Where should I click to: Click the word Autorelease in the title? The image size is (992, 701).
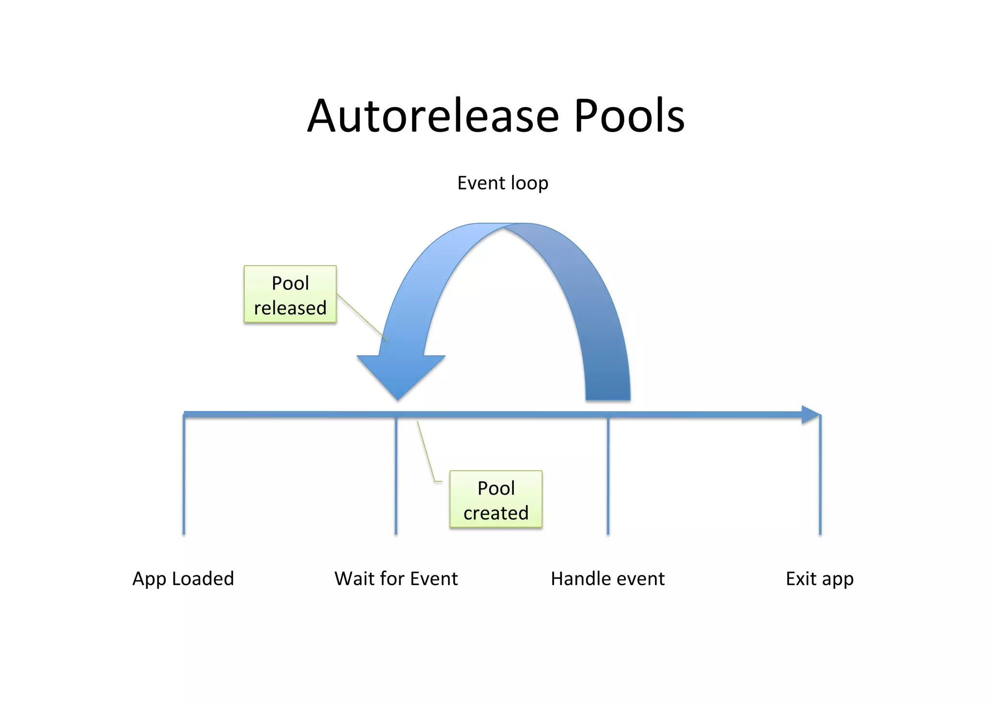click(x=433, y=116)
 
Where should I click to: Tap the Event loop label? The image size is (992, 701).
click(x=503, y=183)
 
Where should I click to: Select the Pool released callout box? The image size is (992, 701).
click(x=290, y=294)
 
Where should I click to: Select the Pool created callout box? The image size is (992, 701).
click(x=496, y=499)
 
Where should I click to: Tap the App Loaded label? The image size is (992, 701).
click(x=183, y=579)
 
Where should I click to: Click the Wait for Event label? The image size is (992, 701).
click(x=396, y=579)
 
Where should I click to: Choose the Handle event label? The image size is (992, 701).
click(x=607, y=579)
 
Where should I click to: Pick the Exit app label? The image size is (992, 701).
click(x=820, y=579)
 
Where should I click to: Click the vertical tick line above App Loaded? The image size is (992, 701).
click(x=184, y=475)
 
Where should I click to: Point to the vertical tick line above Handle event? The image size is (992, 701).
click(x=608, y=475)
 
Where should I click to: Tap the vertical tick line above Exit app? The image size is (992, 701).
click(x=820, y=475)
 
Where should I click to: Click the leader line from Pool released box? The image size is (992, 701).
click(x=362, y=317)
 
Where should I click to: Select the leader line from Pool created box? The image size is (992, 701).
click(x=425, y=451)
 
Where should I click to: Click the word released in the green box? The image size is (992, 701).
click(x=290, y=308)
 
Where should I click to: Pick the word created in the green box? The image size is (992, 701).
click(x=496, y=513)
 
